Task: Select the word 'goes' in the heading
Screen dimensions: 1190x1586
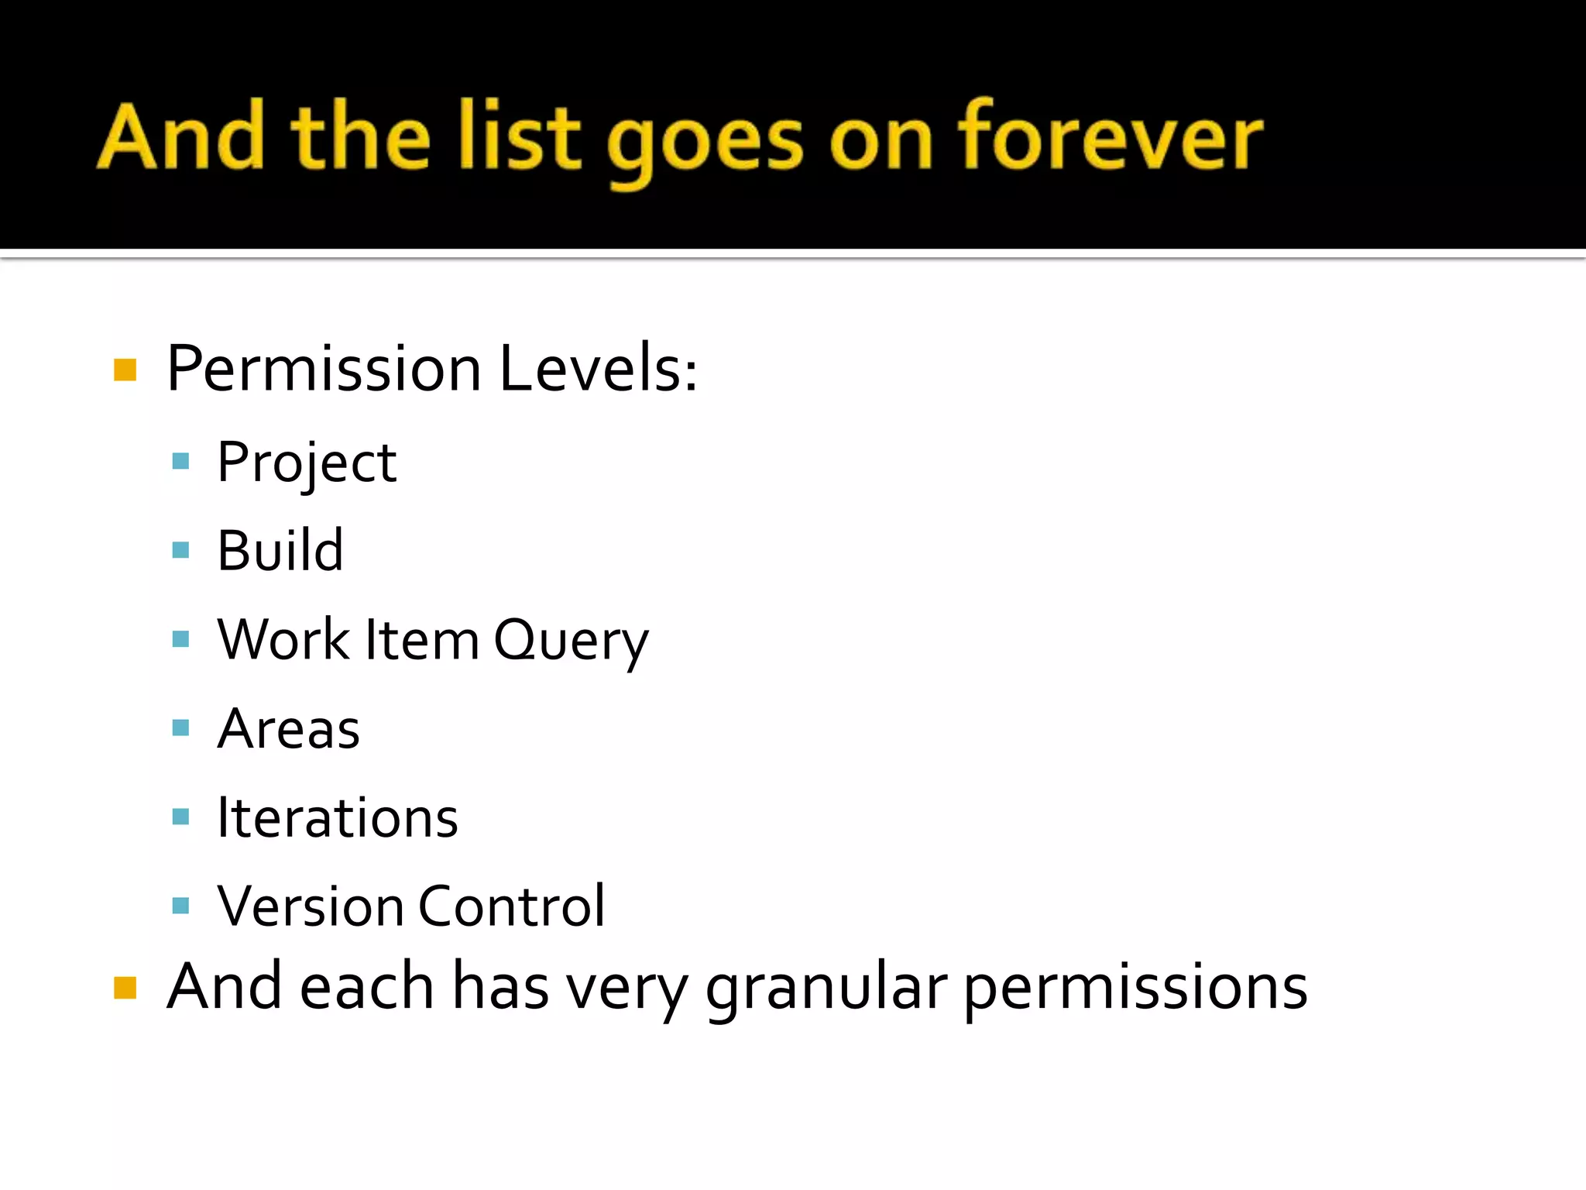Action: (x=704, y=143)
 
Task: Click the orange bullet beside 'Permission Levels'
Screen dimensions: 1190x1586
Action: (x=125, y=370)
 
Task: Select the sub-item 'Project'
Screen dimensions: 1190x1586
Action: (x=307, y=463)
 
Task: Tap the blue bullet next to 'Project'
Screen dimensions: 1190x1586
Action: (x=180, y=463)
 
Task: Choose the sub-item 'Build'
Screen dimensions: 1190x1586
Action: (x=280, y=551)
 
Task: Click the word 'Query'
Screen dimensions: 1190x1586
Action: (x=571, y=641)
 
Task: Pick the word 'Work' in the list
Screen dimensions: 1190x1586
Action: (x=283, y=640)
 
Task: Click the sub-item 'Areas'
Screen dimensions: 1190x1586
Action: (x=288, y=729)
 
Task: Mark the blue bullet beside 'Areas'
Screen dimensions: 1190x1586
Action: (x=180, y=728)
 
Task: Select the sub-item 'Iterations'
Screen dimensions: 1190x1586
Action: (x=338, y=818)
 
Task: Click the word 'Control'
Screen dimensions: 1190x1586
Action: (x=512, y=906)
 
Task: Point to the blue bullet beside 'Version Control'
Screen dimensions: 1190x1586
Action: (x=180, y=906)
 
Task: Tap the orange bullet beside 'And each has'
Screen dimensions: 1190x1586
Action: (x=125, y=989)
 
